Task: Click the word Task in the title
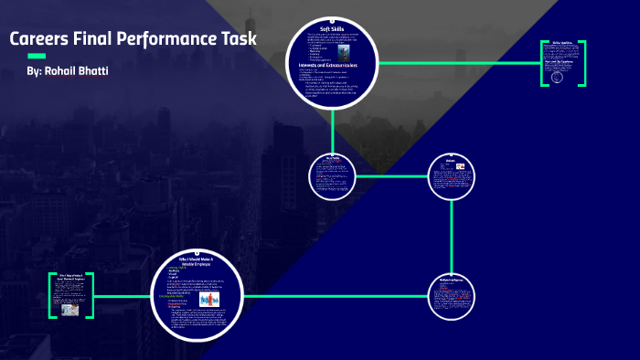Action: pos(237,40)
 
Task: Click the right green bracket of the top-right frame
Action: pos(583,63)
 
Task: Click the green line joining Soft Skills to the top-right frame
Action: pos(457,63)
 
